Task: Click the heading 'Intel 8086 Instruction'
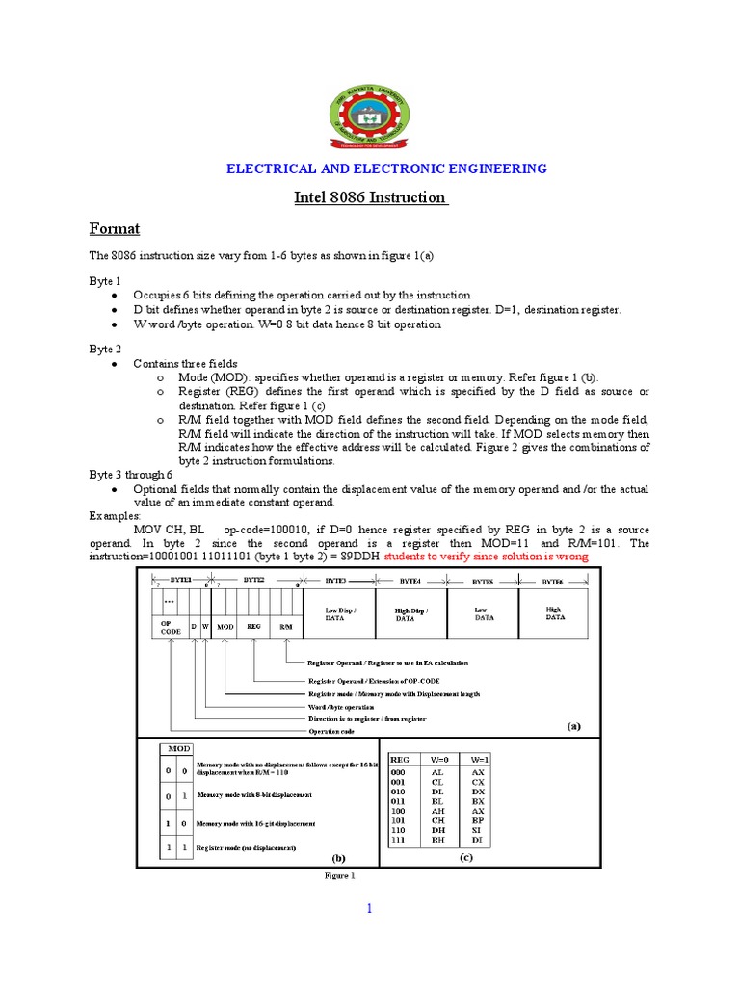pos(371,197)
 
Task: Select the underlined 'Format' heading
pos(115,229)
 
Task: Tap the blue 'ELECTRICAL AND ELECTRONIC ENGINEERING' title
pos(386,169)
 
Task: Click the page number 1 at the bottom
pos(367,908)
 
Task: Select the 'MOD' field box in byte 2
pos(225,626)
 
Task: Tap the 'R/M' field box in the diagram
pos(285,626)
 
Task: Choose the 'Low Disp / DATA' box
pos(338,613)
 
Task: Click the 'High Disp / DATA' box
pos(410,613)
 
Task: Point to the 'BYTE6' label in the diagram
pos(553,582)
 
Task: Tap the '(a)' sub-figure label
pos(574,728)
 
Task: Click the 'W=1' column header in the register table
pos(477,759)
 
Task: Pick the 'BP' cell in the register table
pos(477,820)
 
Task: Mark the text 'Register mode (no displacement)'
pos(246,847)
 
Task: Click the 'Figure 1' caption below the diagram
pos(339,876)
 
